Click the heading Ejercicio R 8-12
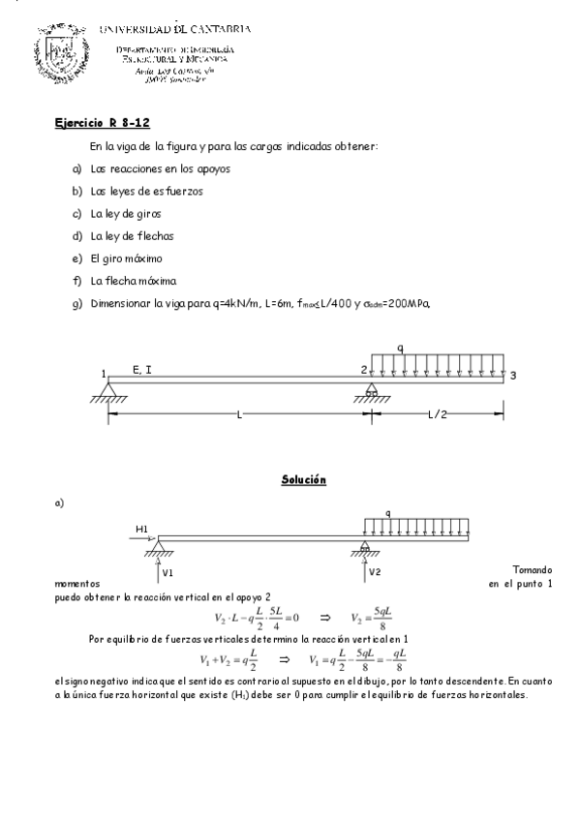point(101,124)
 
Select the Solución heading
point(303,480)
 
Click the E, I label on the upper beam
point(141,369)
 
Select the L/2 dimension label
point(439,413)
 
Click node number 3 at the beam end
point(514,376)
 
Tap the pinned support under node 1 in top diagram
point(107,391)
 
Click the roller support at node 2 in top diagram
point(370,391)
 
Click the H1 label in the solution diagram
point(142,529)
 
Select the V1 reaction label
point(168,572)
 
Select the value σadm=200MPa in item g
point(386,303)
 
